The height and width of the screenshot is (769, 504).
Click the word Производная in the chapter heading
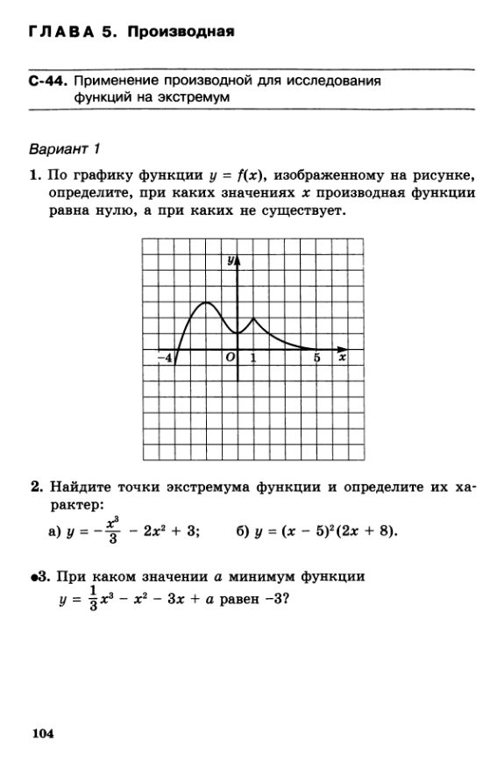(x=181, y=33)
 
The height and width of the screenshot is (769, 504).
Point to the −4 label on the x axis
(x=164, y=358)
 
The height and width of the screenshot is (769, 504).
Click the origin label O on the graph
(x=230, y=358)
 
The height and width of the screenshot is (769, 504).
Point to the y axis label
(x=230, y=260)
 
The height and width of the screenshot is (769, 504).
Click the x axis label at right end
(x=342, y=358)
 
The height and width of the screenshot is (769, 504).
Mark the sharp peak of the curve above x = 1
(x=252, y=318)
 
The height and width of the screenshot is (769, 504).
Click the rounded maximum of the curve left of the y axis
(x=206, y=303)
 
